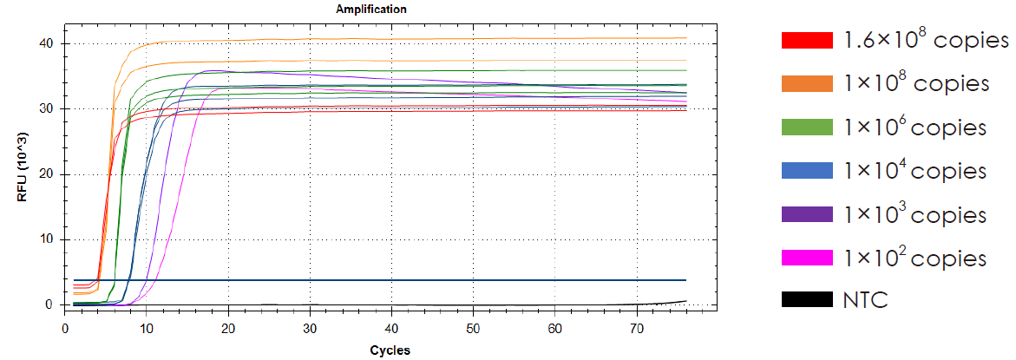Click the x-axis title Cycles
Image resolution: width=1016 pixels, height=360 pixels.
pyautogui.click(x=390, y=350)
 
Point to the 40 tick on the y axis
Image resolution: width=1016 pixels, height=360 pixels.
pyautogui.click(x=49, y=43)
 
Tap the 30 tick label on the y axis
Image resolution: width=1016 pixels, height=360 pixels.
pyautogui.click(x=49, y=108)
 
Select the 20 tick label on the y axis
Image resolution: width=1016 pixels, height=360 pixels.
pyautogui.click(x=49, y=174)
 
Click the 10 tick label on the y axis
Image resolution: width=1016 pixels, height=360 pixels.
pyautogui.click(x=49, y=239)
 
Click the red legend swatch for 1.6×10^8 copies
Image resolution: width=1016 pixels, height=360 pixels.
pyautogui.click(x=807, y=41)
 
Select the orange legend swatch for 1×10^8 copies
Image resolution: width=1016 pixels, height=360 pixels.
pyautogui.click(x=807, y=84)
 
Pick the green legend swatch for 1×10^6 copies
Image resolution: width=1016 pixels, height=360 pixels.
pyautogui.click(x=807, y=128)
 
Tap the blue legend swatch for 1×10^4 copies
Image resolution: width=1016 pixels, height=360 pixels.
pyautogui.click(x=807, y=171)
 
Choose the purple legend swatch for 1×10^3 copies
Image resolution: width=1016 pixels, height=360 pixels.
pyautogui.click(x=807, y=214)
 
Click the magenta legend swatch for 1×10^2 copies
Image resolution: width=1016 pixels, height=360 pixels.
pyautogui.click(x=807, y=258)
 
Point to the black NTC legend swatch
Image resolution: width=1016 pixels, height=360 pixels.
pyautogui.click(x=807, y=300)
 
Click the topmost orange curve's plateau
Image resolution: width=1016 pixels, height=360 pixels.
pyautogui.click(x=390, y=39)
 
